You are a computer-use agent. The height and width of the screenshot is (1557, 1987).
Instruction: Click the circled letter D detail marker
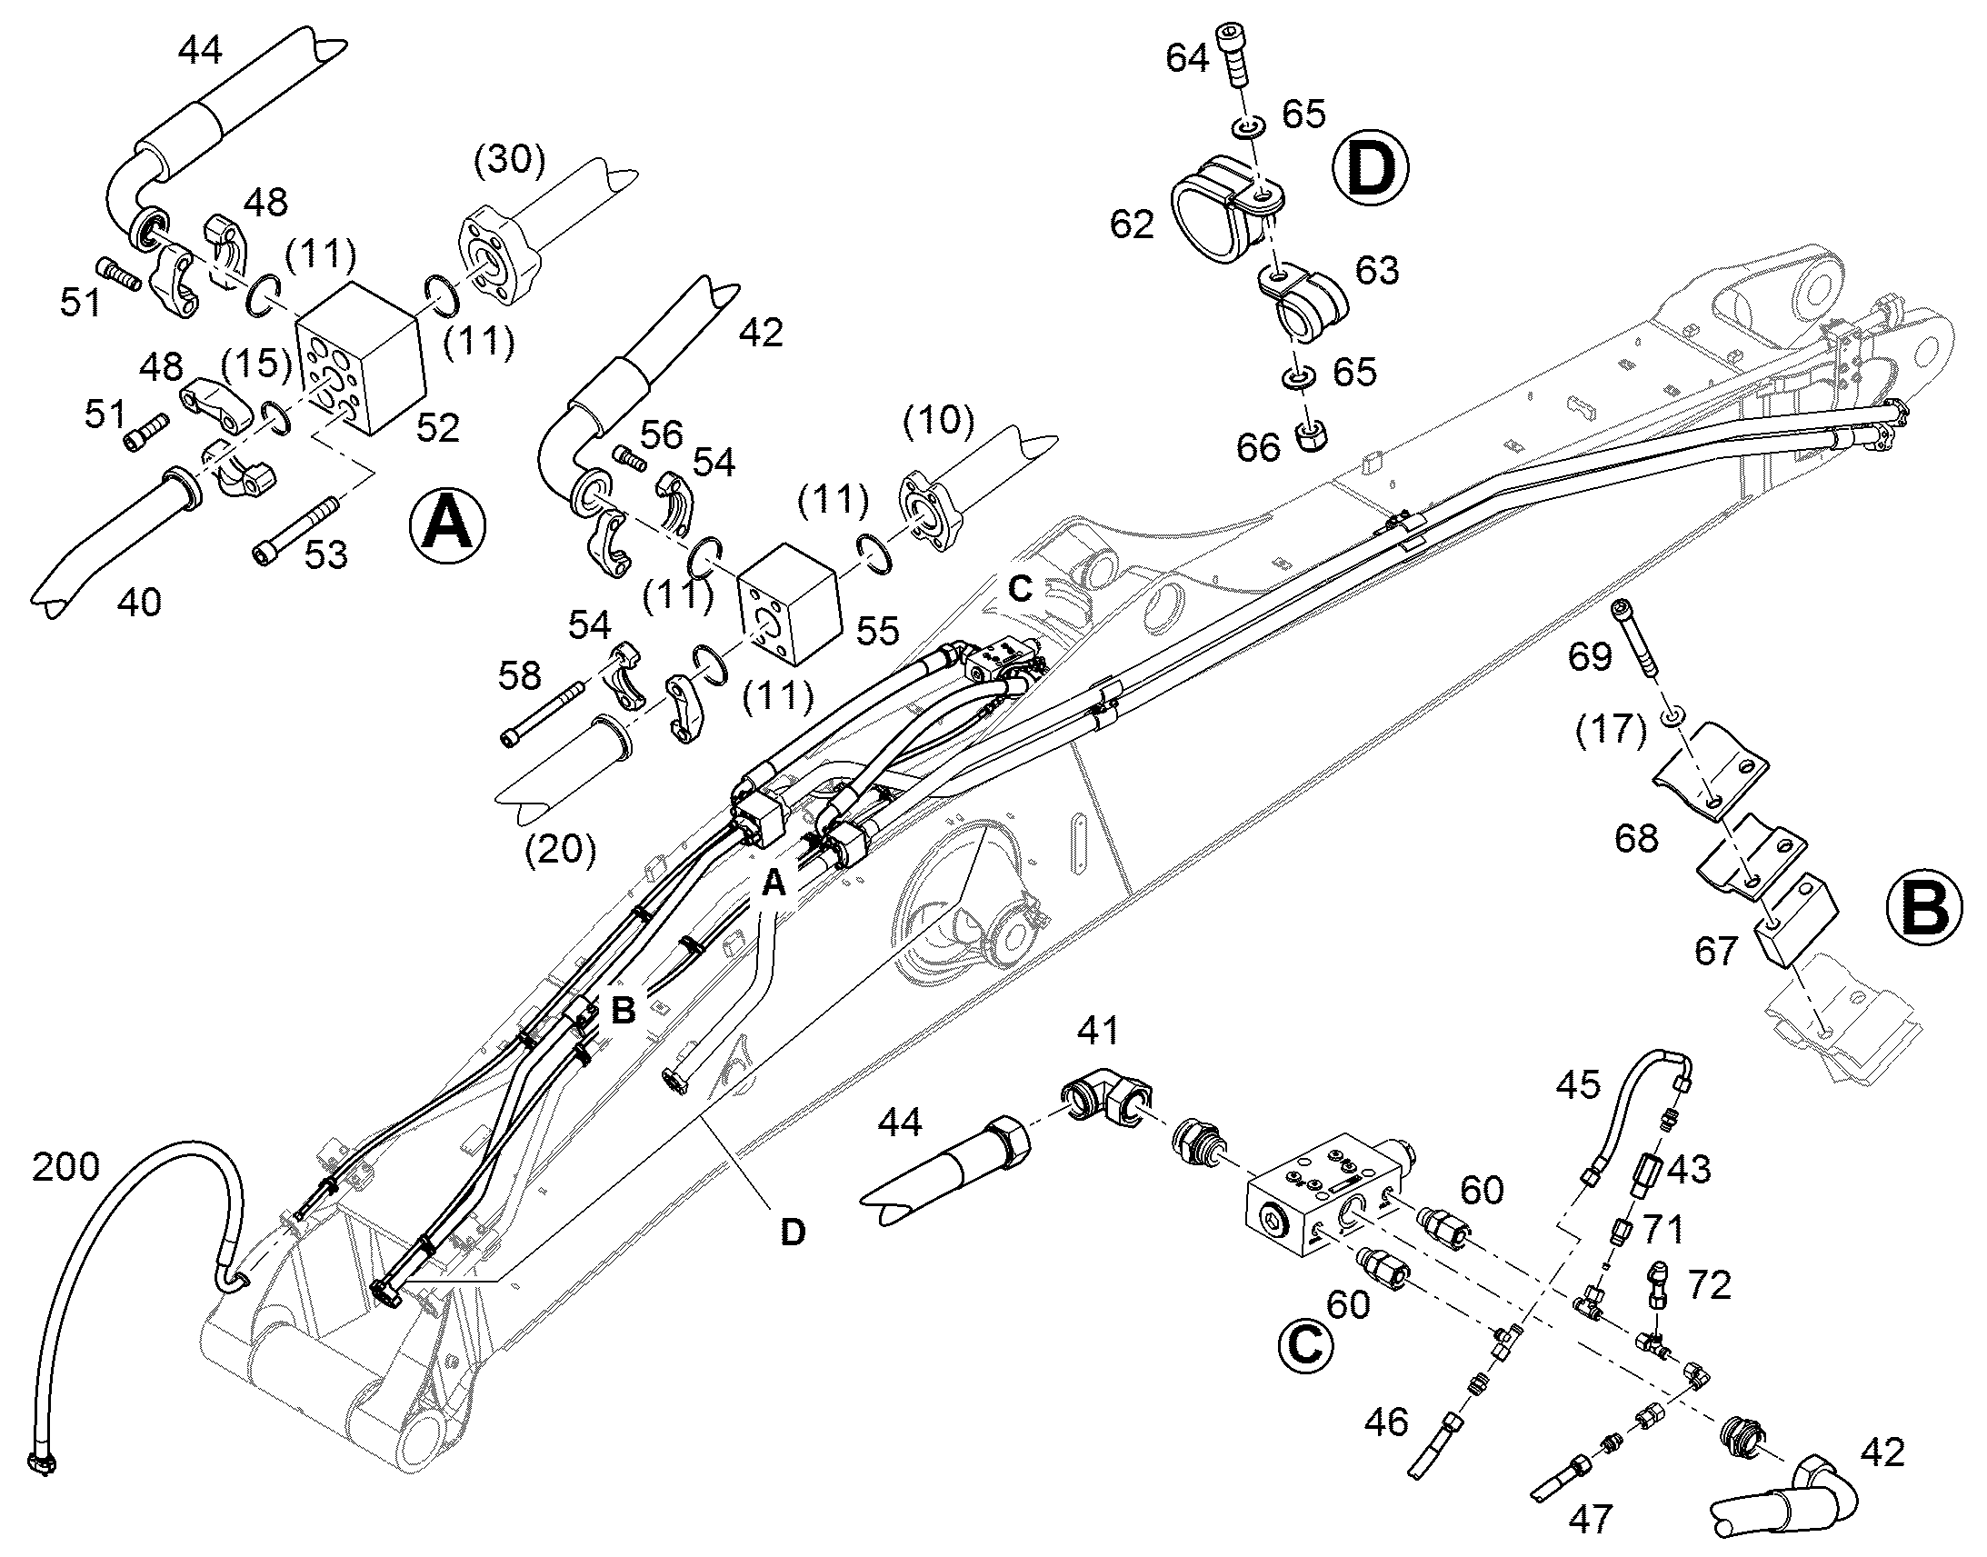[x=1370, y=167]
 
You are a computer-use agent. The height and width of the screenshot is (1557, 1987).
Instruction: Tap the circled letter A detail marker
[x=447, y=526]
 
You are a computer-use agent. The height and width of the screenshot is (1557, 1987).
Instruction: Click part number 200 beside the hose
[x=65, y=1166]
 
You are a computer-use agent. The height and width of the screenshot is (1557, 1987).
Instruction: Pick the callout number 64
[x=1187, y=58]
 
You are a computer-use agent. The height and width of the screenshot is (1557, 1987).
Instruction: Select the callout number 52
[x=438, y=428]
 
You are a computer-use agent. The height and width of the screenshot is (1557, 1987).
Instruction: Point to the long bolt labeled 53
[x=296, y=529]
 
